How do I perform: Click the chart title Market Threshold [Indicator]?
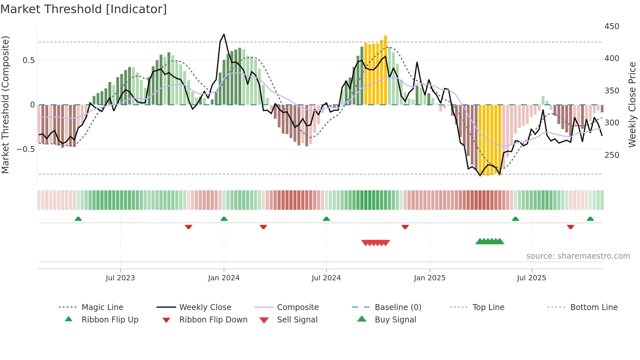(84, 9)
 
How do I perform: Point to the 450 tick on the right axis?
(612, 26)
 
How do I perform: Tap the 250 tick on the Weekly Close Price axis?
(612, 155)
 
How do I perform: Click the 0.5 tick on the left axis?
(28, 60)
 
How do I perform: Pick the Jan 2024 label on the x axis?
(224, 278)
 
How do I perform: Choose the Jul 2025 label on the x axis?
(531, 278)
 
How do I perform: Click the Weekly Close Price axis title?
(632, 105)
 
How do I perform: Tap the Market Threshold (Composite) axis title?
(5, 105)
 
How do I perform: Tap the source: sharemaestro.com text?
(578, 256)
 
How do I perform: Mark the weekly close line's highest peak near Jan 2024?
(224, 34)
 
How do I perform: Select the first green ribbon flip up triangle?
(78, 219)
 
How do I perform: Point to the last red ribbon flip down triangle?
(570, 227)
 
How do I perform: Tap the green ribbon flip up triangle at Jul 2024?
(326, 219)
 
